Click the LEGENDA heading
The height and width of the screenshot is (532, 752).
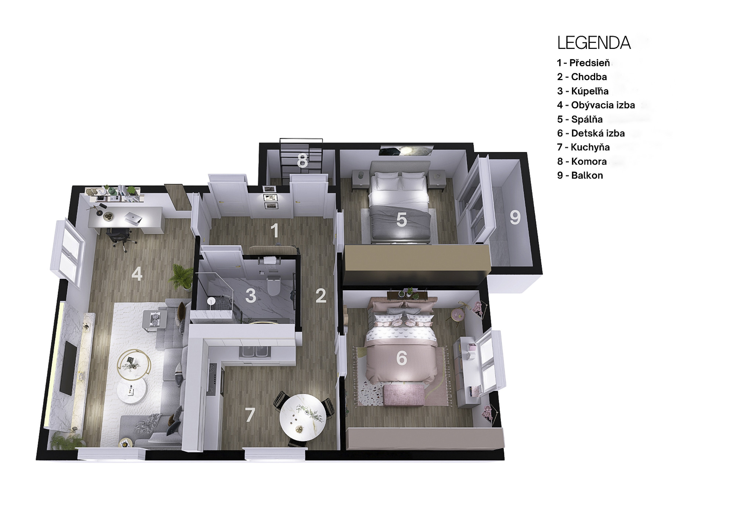(594, 43)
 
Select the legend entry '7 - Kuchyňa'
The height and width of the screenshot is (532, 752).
(583, 147)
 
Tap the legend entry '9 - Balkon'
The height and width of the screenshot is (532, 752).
(580, 175)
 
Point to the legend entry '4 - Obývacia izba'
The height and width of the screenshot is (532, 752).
(596, 105)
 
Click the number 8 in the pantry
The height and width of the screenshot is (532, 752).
(302, 161)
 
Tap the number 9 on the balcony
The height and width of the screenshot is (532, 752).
(515, 217)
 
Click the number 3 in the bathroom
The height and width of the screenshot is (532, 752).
(250, 295)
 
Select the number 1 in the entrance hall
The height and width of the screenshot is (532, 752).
(274, 231)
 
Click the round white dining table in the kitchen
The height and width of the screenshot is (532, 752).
(303, 417)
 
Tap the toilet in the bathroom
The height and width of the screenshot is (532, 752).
(274, 285)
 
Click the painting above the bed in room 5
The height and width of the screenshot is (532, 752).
(406, 151)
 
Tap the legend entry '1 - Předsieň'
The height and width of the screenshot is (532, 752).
(583, 63)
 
